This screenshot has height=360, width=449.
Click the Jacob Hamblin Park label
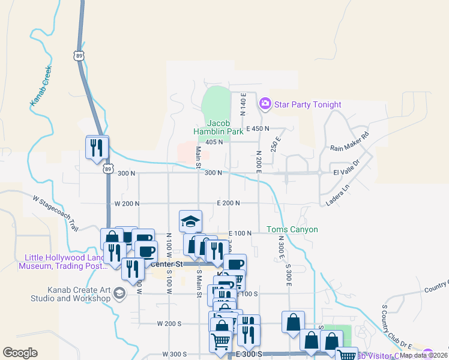tap(216, 127)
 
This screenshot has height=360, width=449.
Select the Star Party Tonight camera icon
tap(265, 104)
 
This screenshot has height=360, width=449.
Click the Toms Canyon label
tap(292, 230)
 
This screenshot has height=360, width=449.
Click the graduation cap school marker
tap(191, 221)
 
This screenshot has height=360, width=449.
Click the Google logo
tap(20, 352)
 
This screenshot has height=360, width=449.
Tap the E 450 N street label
tap(258, 128)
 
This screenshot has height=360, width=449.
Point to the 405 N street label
tap(214, 142)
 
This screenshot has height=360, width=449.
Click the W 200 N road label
tap(127, 204)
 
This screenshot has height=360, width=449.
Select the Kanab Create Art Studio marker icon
tap(119, 293)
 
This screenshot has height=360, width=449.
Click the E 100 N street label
tap(240, 233)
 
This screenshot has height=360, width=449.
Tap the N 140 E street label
tap(244, 104)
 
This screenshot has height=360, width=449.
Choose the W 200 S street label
tap(169, 323)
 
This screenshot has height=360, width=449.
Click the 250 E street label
tap(276, 145)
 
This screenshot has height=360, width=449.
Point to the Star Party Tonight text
tap(307, 104)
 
